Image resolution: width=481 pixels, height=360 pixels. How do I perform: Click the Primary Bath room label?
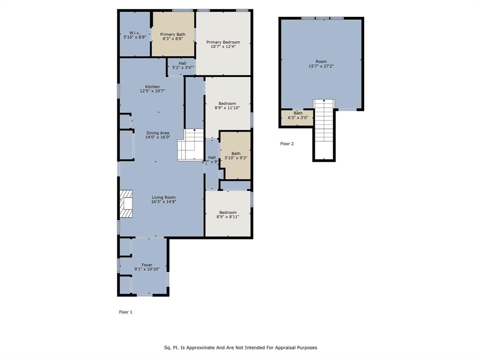pos(172,34)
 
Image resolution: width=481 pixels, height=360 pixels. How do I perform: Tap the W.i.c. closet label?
pos(135,32)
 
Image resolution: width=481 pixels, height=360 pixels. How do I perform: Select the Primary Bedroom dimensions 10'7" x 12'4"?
pos(223,47)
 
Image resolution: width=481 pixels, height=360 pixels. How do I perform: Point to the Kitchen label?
pos(152,87)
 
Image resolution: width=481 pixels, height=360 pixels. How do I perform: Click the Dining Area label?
pos(157,133)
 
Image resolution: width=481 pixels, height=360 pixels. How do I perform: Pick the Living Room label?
pos(163,198)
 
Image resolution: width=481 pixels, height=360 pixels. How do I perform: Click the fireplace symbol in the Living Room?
pos(126,204)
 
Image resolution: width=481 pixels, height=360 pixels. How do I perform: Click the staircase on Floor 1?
pos(190,145)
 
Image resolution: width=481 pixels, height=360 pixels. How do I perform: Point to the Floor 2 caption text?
pos(287,144)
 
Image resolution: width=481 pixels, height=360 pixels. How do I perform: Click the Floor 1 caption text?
pos(125,312)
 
